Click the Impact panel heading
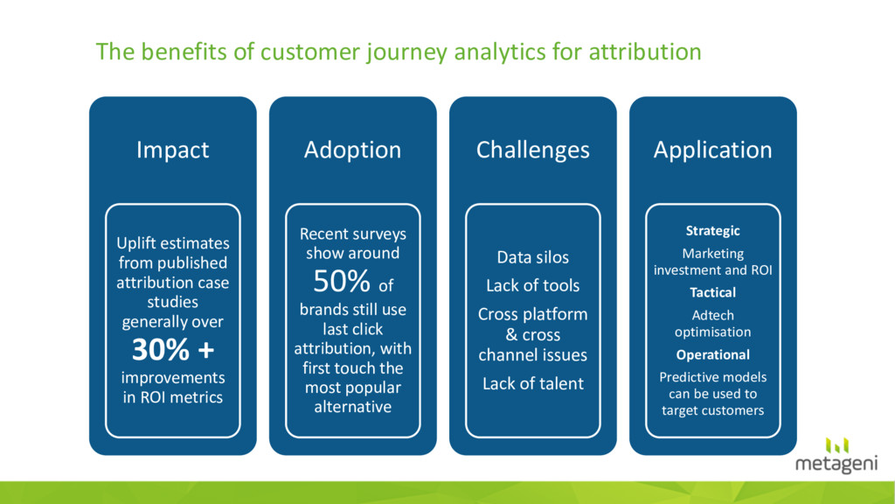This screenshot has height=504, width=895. [172, 150]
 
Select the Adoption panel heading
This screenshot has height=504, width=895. [352, 150]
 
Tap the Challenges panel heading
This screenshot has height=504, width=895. [532, 150]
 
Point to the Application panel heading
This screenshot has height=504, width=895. [712, 150]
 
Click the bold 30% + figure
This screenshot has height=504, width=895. [173, 349]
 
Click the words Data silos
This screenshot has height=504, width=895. [532, 257]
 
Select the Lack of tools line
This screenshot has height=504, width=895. [532, 285]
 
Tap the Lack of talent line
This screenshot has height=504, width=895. [532, 383]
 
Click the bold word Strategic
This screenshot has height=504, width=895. [712, 231]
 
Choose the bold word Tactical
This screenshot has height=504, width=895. [712, 292]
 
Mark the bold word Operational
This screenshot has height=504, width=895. [712, 355]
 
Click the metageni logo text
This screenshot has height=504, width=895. [836, 464]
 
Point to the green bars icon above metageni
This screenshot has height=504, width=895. [836, 445]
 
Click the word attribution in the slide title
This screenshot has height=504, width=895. [645, 52]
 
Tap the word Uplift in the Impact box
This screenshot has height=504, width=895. [135, 244]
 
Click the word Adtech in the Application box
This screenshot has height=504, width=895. [712, 315]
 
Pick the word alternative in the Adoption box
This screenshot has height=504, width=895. [353, 406]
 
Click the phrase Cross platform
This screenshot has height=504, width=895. [532, 314]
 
